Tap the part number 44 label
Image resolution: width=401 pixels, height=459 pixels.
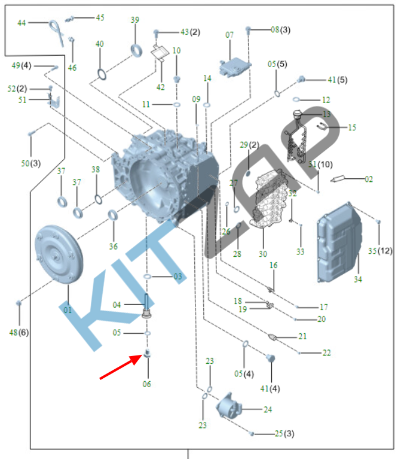coord(22,23)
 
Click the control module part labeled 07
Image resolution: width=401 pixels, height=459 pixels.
coord(234,66)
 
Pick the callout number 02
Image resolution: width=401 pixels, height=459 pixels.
coord(369,178)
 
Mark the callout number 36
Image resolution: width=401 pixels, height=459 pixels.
coord(114,247)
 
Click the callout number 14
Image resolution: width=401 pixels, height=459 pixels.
coord(207,78)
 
